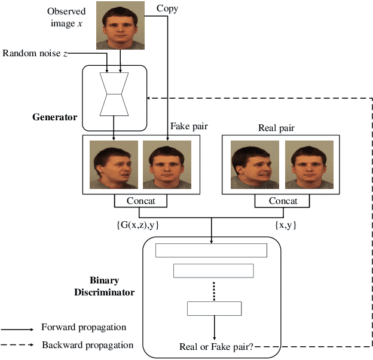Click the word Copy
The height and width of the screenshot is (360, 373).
click(x=167, y=8)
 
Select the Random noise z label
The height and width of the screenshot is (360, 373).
click(x=35, y=53)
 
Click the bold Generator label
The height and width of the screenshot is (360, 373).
click(x=54, y=117)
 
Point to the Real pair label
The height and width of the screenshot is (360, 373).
click(x=276, y=128)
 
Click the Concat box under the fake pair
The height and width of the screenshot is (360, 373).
click(x=140, y=201)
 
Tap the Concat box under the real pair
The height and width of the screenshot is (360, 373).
click(x=283, y=201)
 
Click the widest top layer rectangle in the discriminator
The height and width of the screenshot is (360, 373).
click(x=211, y=250)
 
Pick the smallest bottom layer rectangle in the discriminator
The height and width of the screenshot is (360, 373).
click(x=214, y=309)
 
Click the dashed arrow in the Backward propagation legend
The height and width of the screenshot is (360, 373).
click(x=17, y=345)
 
